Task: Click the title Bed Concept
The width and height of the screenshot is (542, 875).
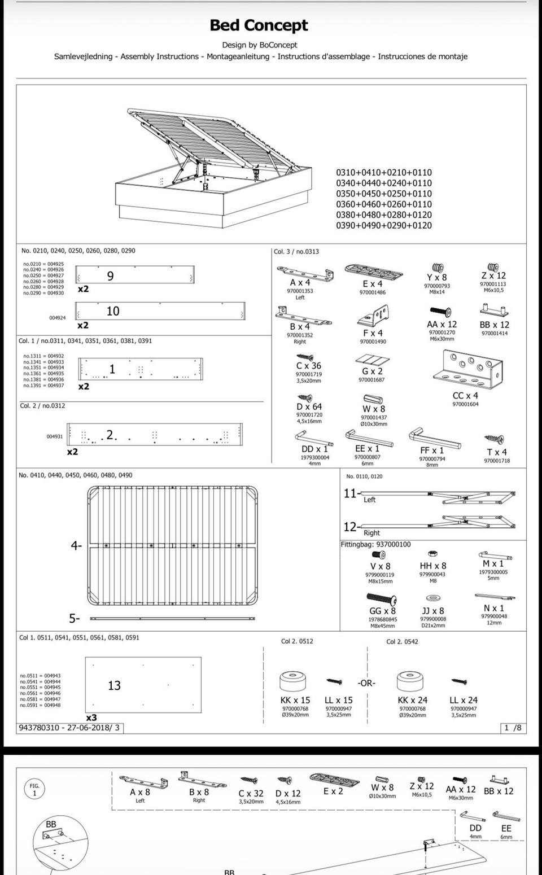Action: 259,25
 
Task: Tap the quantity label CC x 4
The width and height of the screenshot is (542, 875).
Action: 465,396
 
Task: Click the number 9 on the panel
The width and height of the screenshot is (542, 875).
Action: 110,276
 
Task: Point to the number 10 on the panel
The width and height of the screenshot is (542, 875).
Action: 113,311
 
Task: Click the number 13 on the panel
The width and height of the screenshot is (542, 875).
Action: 114,685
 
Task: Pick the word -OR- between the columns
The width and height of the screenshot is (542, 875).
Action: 366,683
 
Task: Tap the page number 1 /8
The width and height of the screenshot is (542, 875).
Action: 513,728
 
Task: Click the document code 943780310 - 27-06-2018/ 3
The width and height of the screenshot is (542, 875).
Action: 69,728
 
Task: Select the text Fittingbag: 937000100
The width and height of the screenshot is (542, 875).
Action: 375,545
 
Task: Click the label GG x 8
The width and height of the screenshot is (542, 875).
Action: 382,611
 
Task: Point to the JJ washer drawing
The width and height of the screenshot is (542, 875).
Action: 434,598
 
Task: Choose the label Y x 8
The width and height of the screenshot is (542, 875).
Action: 436,278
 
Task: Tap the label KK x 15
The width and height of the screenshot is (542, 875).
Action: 295,700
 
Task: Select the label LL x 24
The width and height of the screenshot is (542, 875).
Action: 464,700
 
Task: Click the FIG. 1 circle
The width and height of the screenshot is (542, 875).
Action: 34,789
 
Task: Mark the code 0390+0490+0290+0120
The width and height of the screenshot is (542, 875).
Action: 384,225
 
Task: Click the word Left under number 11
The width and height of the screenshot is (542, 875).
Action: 369,500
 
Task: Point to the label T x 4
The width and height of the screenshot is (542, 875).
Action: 497,452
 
